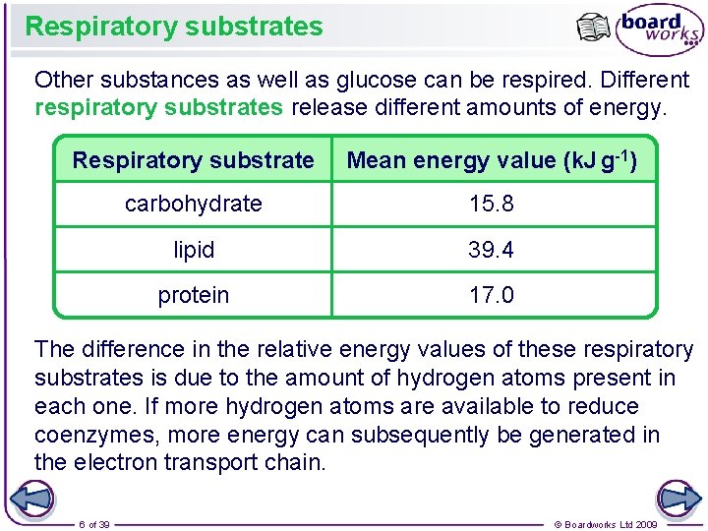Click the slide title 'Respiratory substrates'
[x=174, y=27]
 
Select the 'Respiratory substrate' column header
[x=193, y=160]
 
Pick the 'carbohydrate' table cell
[x=193, y=205]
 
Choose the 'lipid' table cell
[x=193, y=250]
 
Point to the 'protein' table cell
[x=193, y=295]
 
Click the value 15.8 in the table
[x=492, y=205]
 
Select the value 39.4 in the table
[x=492, y=250]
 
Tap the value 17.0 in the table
[x=492, y=295]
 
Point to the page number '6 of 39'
[x=94, y=524]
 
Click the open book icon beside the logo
[x=594, y=29]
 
